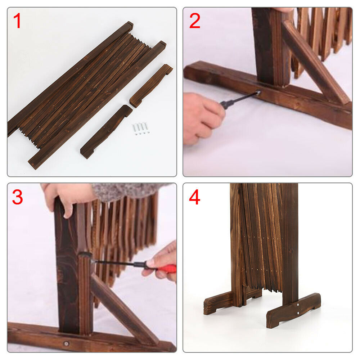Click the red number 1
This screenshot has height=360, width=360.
[x=17, y=21]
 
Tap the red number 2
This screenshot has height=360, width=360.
[x=195, y=21]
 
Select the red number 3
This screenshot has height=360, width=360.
[x=17, y=197]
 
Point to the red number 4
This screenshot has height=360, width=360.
[x=194, y=197]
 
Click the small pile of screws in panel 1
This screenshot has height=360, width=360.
[x=140, y=129]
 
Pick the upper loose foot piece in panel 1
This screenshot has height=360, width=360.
[x=151, y=85]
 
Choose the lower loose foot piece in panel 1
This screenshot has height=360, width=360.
[x=106, y=131]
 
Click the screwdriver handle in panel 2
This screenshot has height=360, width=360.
[x=226, y=104]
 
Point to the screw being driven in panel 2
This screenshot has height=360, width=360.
[x=258, y=93]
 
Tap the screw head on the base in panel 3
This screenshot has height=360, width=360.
[x=66, y=343]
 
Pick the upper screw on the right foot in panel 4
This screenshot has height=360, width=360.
[x=298, y=305]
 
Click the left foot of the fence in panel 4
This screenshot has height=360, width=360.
[x=219, y=302]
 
